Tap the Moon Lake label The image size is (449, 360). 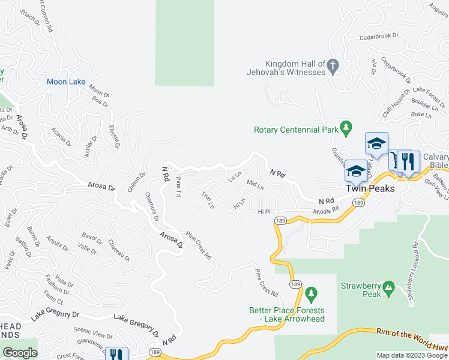(x=66, y=82)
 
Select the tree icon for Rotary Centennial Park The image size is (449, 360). (x=345, y=127)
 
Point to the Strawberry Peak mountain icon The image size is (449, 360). (x=388, y=289)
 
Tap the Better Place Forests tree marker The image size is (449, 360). (x=310, y=293)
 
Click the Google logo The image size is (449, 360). (x=20, y=353)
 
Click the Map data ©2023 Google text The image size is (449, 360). (x=411, y=355)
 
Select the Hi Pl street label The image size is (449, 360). (x=265, y=212)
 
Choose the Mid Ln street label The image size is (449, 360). (x=256, y=185)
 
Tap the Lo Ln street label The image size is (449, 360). (x=234, y=176)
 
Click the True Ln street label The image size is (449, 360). (x=208, y=200)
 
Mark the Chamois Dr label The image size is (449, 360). (x=152, y=206)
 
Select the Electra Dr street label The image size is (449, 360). (x=115, y=137)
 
